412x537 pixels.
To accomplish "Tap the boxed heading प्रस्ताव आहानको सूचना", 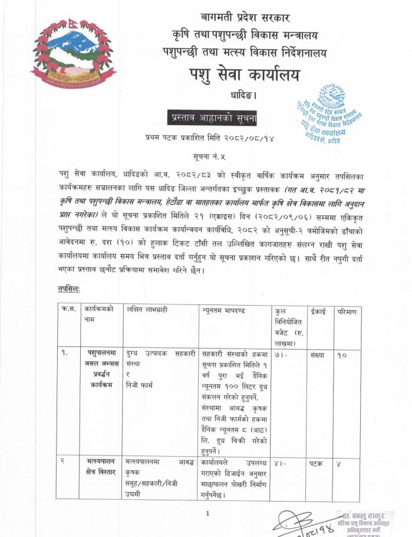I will [212, 117].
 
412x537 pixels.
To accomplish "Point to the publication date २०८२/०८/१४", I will [243, 137].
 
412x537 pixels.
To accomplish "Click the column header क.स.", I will [67, 309].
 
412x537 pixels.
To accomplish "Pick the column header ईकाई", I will [318, 309].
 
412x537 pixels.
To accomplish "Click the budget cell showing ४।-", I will [279, 464].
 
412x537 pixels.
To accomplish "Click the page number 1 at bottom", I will [207, 513].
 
